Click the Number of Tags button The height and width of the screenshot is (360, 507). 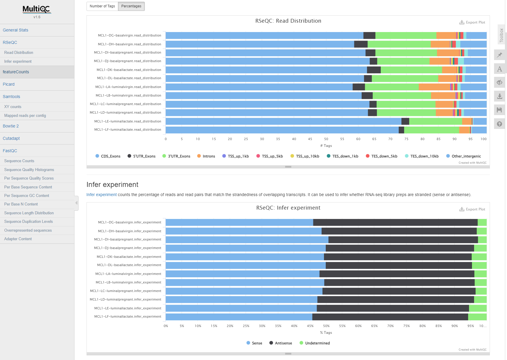(x=102, y=6)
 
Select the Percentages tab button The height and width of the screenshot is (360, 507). (x=131, y=6)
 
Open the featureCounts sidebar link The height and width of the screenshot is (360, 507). (x=16, y=72)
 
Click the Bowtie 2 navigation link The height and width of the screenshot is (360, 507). (x=11, y=126)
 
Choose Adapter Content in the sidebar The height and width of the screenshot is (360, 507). (x=18, y=239)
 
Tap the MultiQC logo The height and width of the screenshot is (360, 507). (x=37, y=9)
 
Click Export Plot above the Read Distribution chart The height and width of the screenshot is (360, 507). (x=472, y=22)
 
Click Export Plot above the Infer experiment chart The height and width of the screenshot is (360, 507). (x=472, y=209)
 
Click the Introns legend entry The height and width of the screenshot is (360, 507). (x=209, y=156)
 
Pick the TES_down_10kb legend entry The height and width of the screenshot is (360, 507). (x=424, y=156)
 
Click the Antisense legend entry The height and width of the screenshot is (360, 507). (x=283, y=343)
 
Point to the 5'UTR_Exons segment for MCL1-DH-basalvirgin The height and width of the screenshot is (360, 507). (x=361, y=44)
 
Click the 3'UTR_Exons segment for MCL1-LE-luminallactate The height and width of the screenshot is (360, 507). (x=435, y=121)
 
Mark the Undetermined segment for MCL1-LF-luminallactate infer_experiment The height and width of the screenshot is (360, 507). (x=477, y=317)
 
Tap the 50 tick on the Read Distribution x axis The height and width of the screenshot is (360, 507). (x=326, y=139)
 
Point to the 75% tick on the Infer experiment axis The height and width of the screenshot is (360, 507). (x=406, y=326)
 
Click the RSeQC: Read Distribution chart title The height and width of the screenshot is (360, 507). (x=288, y=21)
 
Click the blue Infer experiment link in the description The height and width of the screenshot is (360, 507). (x=102, y=195)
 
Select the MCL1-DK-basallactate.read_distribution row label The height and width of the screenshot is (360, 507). (x=129, y=70)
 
